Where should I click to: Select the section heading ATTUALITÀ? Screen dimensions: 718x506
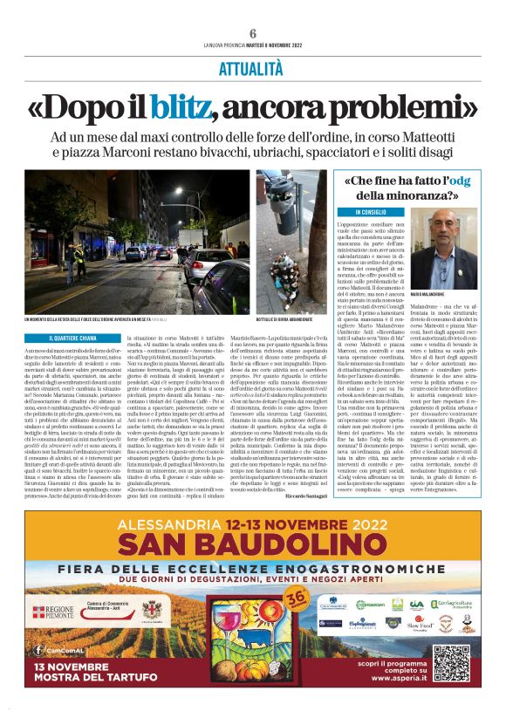click(253, 66)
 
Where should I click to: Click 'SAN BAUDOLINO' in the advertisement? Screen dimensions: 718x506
click(253, 546)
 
